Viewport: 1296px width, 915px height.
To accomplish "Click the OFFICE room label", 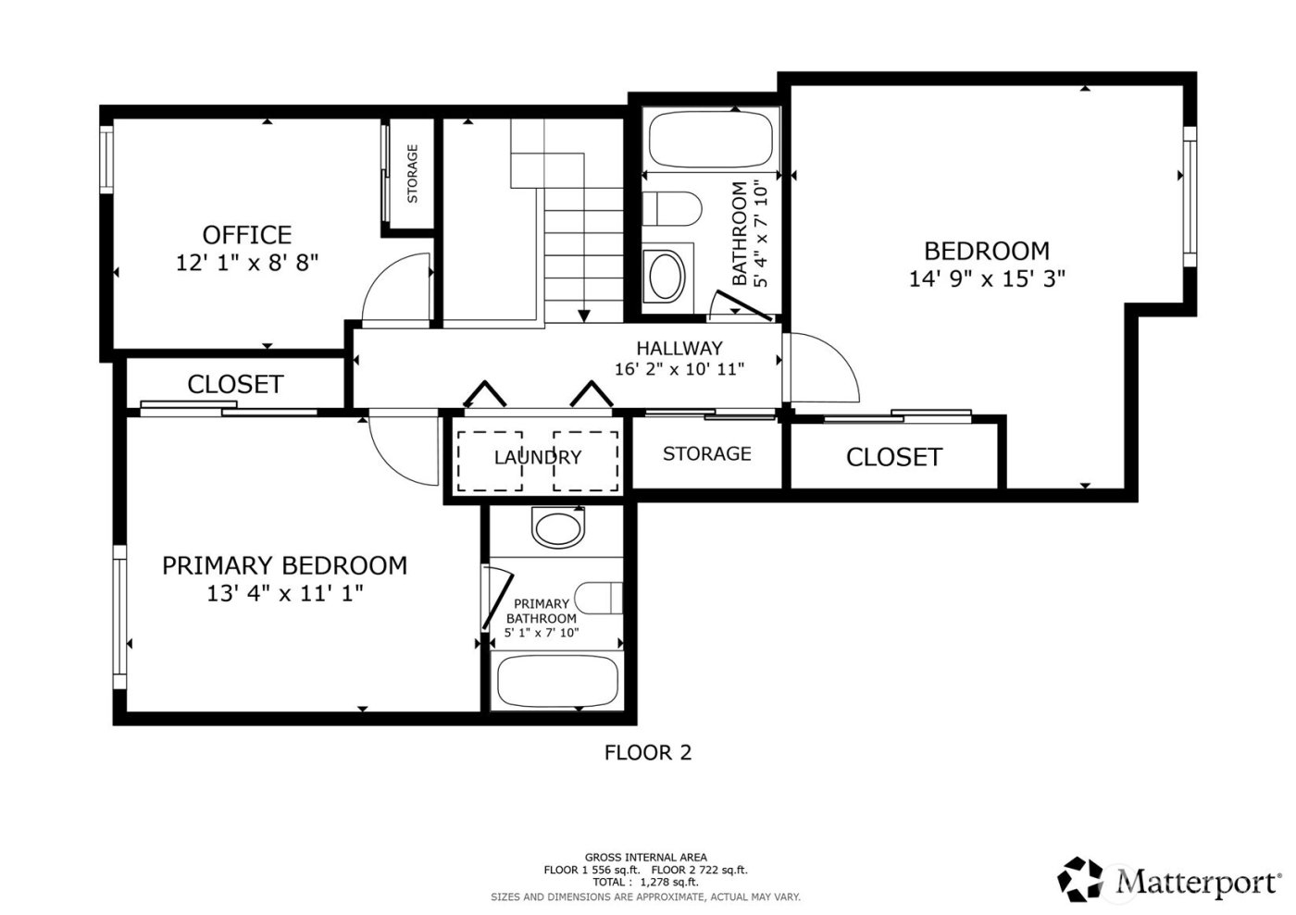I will (247, 235).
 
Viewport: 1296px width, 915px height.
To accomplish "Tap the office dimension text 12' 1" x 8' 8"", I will (247, 263).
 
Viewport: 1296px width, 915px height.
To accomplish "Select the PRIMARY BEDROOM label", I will (284, 565).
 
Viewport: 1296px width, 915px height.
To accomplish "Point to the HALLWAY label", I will (679, 349).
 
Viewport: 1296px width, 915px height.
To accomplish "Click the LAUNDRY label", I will (537, 457).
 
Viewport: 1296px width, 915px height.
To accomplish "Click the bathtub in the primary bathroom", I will (557, 681).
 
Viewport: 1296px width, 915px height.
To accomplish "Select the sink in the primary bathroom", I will (558, 528).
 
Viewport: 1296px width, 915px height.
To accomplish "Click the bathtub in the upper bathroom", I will (710, 140).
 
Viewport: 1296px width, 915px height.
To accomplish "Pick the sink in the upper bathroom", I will (665, 276).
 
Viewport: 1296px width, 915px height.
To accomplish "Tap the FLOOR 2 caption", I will (647, 753).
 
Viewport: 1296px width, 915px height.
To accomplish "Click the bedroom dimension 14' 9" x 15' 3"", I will (987, 278).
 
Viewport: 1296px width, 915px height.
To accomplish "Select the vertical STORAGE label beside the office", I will (412, 174).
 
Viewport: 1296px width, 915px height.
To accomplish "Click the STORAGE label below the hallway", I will (706, 453).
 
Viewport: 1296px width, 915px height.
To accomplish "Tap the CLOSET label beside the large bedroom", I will (893, 457).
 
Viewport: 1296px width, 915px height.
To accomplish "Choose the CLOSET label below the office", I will (235, 384).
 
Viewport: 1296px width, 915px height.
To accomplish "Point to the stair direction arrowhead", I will (583, 316).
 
